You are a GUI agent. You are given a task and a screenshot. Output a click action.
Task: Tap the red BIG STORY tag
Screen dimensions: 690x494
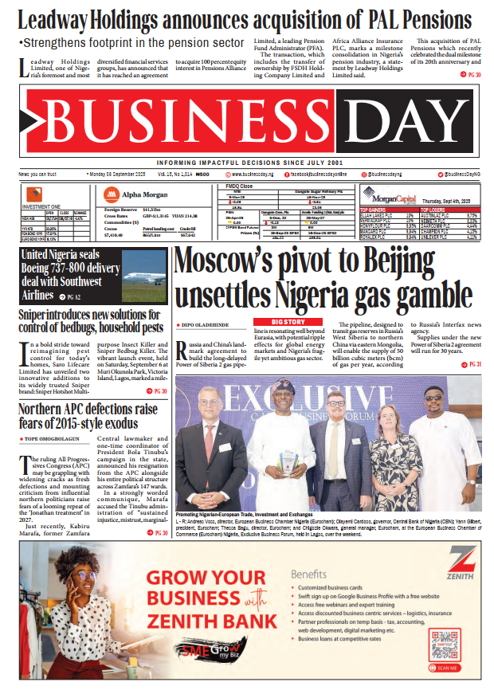click(x=293, y=321)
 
